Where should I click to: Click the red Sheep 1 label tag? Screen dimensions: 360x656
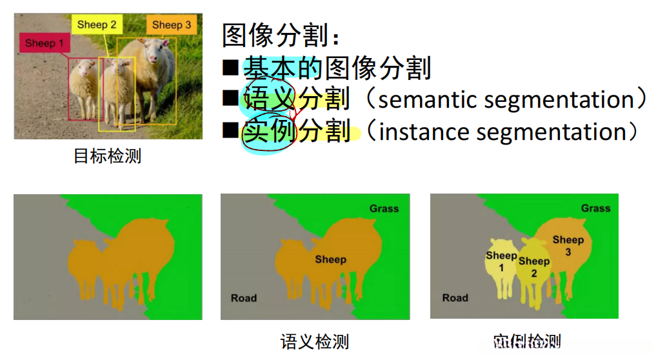(45, 44)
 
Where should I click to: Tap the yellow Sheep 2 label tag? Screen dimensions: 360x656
(97, 25)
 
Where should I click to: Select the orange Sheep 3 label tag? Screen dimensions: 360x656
(171, 25)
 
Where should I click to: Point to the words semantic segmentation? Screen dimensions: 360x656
(506, 99)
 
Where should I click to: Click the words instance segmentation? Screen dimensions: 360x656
(502, 132)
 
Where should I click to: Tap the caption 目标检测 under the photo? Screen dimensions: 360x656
(107, 156)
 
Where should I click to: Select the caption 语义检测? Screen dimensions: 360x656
(314, 341)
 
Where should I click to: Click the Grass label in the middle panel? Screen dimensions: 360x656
(384, 208)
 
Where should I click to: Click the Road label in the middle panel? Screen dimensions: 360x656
(244, 298)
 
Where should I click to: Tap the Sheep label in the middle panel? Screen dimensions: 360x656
(330, 259)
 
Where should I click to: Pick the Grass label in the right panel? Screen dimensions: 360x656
(595, 208)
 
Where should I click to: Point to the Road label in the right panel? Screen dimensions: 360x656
(455, 298)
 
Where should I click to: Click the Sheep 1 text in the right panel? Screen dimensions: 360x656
(501, 261)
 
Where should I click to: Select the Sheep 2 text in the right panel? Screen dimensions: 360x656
(534, 266)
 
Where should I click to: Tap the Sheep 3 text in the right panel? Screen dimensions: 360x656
(568, 246)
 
